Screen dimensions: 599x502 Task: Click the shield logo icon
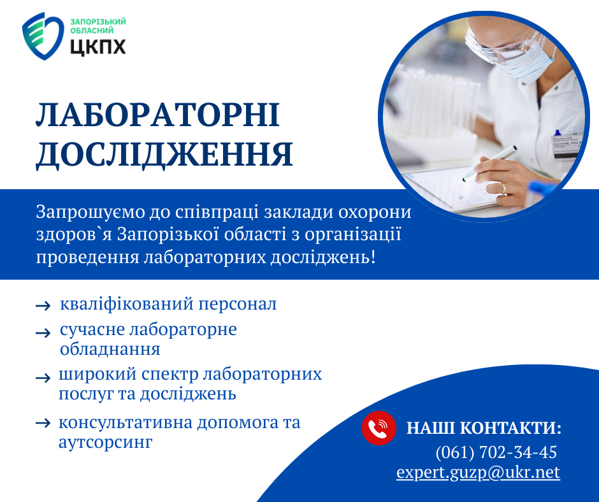pos(43,36)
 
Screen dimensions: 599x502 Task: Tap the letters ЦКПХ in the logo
pos(98,47)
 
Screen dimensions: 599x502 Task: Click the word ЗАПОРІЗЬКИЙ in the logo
pos(98,22)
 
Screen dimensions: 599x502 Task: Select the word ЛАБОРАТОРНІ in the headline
pos(158,115)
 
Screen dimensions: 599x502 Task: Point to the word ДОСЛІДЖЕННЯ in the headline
pos(164,155)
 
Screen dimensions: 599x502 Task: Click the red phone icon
pos(379,428)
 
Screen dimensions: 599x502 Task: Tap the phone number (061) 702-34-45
pos(496,452)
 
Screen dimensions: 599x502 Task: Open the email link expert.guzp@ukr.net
pos(478,472)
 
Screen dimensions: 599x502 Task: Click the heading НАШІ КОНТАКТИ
pos(484,428)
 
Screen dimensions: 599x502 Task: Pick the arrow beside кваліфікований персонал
pos(43,306)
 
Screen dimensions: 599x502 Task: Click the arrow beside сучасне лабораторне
pos(43,333)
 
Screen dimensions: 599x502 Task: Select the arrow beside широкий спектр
pos(43,378)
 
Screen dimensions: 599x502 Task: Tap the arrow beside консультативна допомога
pos(43,423)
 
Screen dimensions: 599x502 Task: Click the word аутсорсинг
pos(105,442)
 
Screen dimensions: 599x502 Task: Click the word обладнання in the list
pos(110,349)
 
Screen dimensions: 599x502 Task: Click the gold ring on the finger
pos(504,187)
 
